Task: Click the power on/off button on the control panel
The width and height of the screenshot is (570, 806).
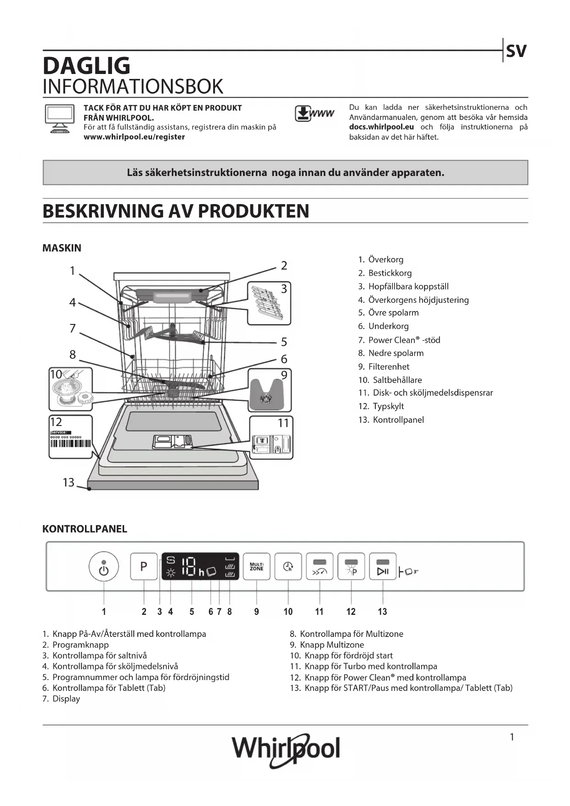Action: [x=104, y=567]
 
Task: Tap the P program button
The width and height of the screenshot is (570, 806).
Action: [x=144, y=566]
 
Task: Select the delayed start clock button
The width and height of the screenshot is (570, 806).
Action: [x=288, y=567]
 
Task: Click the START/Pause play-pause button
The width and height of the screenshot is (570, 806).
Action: [x=383, y=567]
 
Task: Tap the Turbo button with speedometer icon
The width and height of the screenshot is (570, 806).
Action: [x=319, y=567]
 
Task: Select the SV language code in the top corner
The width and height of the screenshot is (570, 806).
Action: [x=516, y=51]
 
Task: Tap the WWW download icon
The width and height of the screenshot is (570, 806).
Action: [x=315, y=114]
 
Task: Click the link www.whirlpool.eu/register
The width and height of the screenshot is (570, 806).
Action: [x=134, y=137]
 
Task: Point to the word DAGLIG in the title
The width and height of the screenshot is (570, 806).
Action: [x=86, y=66]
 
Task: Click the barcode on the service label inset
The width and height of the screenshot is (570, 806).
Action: [x=71, y=443]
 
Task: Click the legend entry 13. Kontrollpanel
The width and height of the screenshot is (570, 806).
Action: [x=391, y=420]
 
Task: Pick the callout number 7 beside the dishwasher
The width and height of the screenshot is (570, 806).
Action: [x=73, y=329]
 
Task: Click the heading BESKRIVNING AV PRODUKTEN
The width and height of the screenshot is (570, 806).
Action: [x=176, y=211]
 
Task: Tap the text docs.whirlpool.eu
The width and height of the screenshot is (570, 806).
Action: [x=381, y=127]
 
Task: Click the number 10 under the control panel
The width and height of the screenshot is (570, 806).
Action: [x=288, y=612]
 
